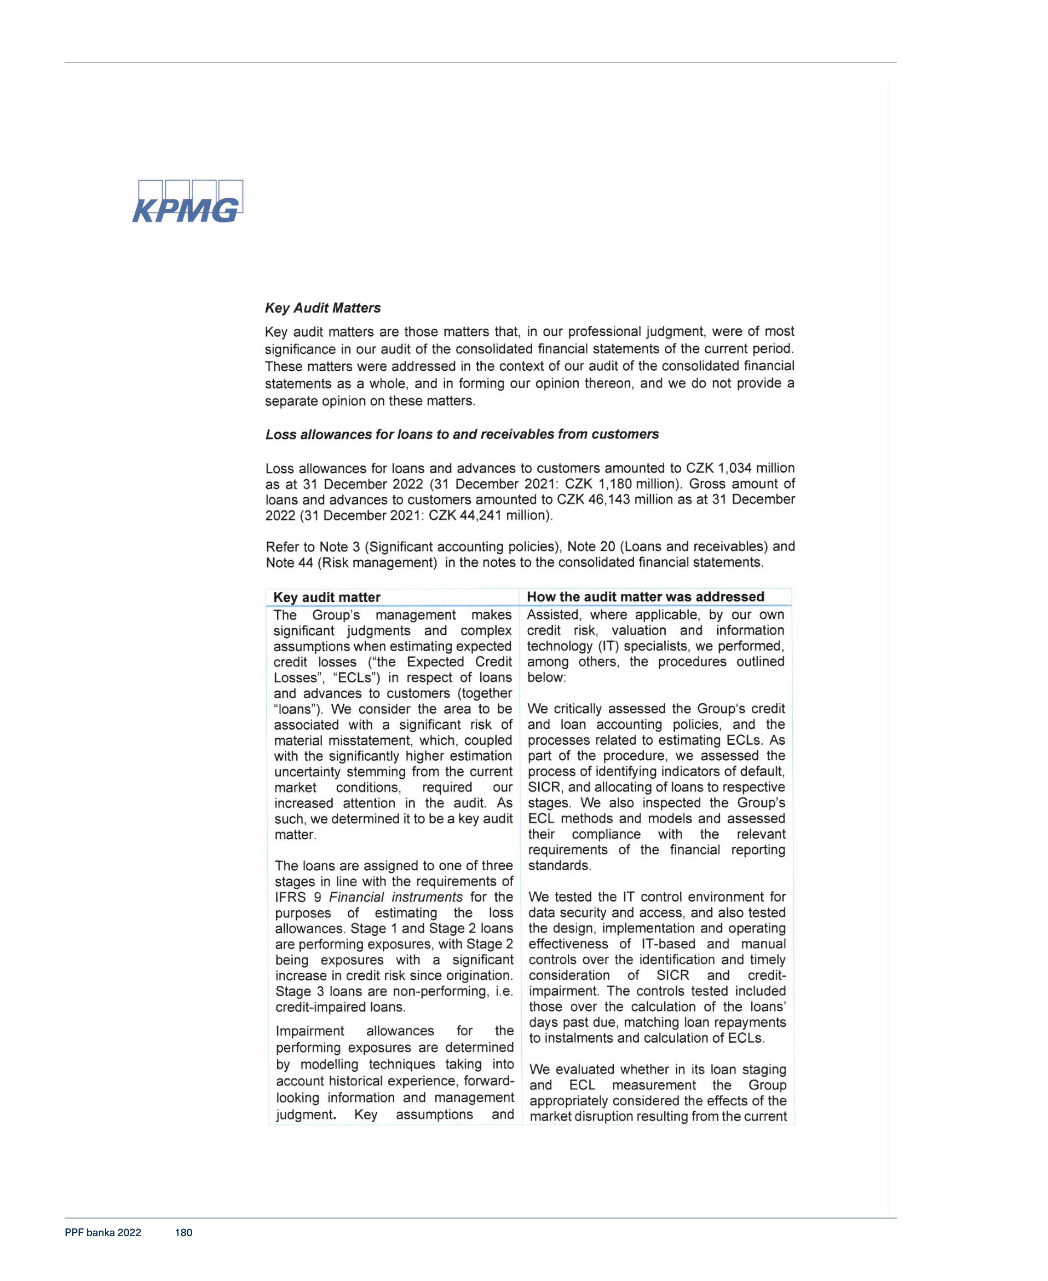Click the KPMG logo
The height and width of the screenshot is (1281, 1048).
tap(188, 202)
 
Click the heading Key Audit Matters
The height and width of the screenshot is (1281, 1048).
tap(323, 308)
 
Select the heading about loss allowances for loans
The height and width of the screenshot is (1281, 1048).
tap(462, 434)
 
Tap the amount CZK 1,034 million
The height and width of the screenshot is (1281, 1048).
tap(740, 468)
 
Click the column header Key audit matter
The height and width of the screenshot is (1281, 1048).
tap(326, 597)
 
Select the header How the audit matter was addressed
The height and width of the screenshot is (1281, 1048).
tap(646, 596)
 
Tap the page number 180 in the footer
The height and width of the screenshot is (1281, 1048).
tap(183, 1233)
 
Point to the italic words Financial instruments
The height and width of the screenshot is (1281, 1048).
tap(395, 897)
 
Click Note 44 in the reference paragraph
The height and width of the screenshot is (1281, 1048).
tap(287, 562)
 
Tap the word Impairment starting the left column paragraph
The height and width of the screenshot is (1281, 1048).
tap(310, 1031)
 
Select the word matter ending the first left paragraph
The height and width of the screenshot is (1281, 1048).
tap(295, 835)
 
